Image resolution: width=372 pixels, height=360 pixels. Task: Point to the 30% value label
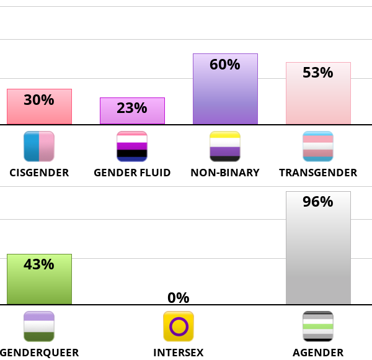39,100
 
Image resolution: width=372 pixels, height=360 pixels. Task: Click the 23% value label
132,108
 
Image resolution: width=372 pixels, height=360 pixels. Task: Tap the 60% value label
225,65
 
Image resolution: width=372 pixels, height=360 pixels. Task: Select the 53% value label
318,73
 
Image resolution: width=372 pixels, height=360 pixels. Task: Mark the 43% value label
39,264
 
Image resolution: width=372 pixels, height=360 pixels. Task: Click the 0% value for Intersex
179,298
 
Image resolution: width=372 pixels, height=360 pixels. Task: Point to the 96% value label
318,202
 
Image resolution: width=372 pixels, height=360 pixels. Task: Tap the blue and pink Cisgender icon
39,146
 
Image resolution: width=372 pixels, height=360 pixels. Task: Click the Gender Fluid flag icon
132,146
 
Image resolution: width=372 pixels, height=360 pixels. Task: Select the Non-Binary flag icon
225,146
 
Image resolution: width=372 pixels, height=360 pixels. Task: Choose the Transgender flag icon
318,146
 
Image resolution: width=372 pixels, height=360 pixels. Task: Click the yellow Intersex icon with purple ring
179,326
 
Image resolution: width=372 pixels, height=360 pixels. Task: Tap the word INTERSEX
179,353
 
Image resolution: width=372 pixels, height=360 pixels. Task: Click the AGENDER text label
318,353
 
